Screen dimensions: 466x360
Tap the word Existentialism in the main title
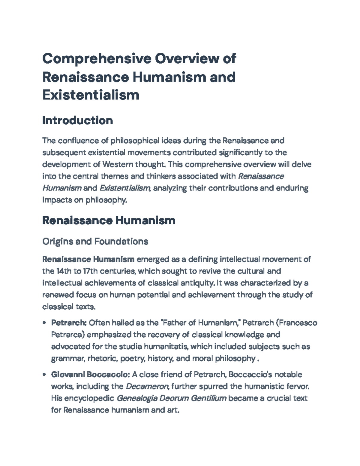(x=91, y=95)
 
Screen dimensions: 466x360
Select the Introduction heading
(x=78, y=121)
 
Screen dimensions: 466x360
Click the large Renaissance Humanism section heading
(x=109, y=221)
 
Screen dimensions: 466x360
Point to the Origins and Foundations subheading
(x=95, y=241)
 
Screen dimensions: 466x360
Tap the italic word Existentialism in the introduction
(x=124, y=188)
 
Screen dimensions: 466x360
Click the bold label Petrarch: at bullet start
(x=69, y=323)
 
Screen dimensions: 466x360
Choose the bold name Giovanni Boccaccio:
(x=90, y=374)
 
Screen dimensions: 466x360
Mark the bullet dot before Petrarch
(x=44, y=323)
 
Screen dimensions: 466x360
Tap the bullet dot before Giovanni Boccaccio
(x=44, y=375)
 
